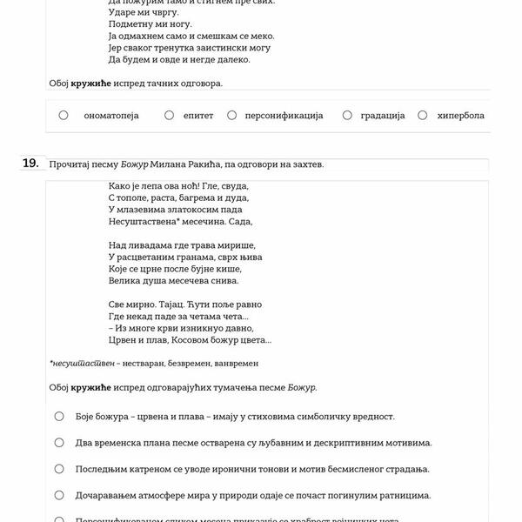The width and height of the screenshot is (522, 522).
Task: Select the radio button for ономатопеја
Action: tap(64, 115)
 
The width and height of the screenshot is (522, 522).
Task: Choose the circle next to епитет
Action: tap(169, 115)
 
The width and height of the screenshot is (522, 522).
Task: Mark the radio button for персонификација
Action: tap(232, 115)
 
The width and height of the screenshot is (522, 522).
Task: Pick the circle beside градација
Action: tap(347, 115)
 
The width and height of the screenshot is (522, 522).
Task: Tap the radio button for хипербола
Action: tap(422, 115)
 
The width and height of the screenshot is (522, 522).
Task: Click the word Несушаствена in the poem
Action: tap(143, 222)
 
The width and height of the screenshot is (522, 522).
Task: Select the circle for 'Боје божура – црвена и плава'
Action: tap(59, 416)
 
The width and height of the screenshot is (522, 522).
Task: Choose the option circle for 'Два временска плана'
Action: tap(59, 442)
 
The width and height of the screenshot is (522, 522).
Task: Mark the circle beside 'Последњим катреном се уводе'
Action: tap(59, 468)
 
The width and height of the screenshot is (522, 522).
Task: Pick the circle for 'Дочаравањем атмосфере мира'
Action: tap(59, 494)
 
